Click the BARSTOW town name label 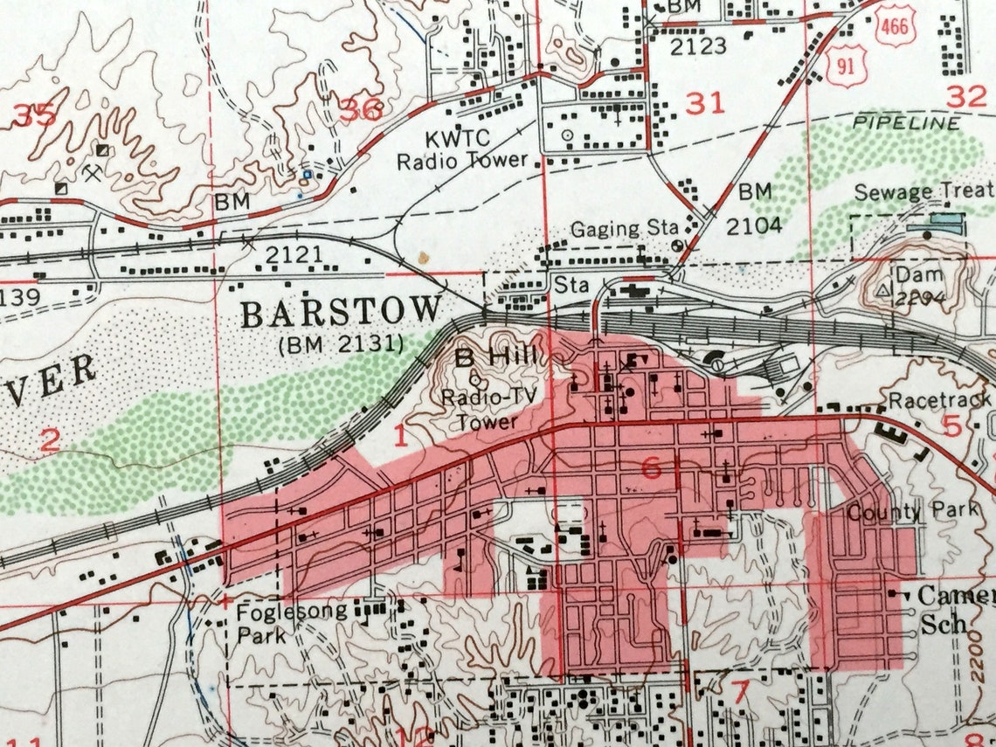coord(342,312)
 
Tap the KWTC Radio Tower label coord(462,149)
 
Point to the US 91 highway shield coord(847,66)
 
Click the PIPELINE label coord(907,122)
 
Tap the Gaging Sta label coord(625,229)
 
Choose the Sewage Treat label coord(923,191)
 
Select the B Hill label coord(495,357)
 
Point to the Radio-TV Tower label coord(483,409)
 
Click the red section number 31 coord(705,103)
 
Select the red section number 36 coord(361,111)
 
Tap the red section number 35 coord(32,114)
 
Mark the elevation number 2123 coord(699,45)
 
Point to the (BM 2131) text coord(342,344)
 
